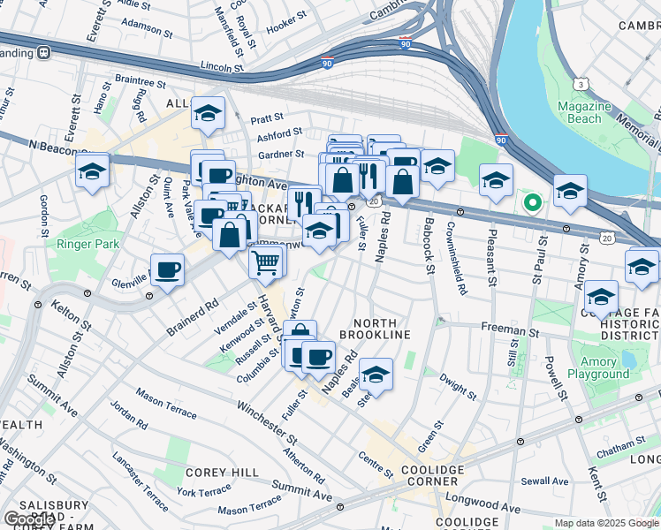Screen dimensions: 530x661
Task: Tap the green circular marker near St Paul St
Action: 532,203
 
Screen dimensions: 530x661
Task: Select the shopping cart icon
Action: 266,261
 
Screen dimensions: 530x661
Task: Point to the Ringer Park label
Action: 80,244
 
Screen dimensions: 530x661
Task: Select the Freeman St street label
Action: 504,327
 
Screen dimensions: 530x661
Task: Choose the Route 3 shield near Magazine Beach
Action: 581,84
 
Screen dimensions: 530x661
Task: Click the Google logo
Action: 29,519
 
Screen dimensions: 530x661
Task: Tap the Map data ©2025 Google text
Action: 605,523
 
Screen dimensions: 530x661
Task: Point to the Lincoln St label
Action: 221,66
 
